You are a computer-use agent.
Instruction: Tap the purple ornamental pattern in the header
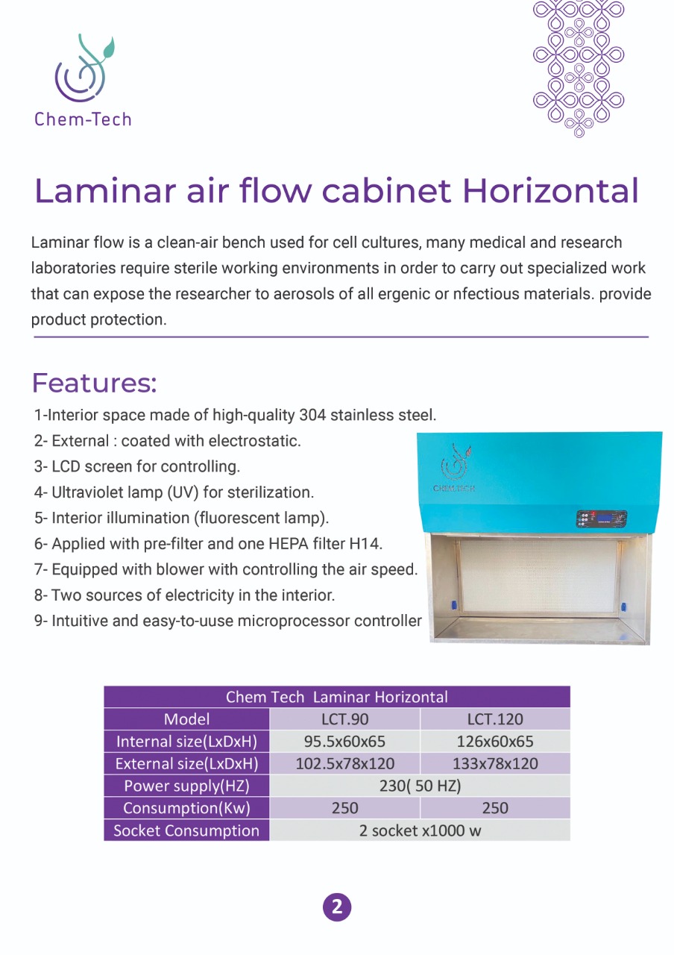pyautogui.click(x=579, y=67)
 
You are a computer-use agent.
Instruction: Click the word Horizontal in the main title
pyautogui.click(x=550, y=191)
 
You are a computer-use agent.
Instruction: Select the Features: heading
pyautogui.click(x=94, y=383)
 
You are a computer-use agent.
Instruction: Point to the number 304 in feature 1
pyautogui.click(x=312, y=415)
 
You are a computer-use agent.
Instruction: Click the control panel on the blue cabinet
pyautogui.click(x=601, y=519)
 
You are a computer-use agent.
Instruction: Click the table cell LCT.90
pyautogui.click(x=344, y=719)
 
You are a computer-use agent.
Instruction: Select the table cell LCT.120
pyautogui.click(x=495, y=719)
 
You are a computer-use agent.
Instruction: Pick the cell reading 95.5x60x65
pyautogui.click(x=344, y=742)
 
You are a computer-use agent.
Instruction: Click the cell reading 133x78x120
pyautogui.click(x=495, y=764)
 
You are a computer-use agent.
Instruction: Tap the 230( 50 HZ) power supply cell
pyautogui.click(x=420, y=786)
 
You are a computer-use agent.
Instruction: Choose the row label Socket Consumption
pyautogui.click(x=186, y=830)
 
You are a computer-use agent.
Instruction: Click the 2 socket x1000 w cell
pyautogui.click(x=420, y=830)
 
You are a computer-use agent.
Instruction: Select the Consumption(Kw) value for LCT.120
pyautogui.click(x=495, y=808)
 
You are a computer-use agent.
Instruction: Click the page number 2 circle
pyautogui.click(x=337, y=907)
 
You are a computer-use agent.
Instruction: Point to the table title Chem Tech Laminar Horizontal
pyautogui.click(x=337, y=697)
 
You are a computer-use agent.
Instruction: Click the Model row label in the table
pyautogui.click(x=186, y=719)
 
